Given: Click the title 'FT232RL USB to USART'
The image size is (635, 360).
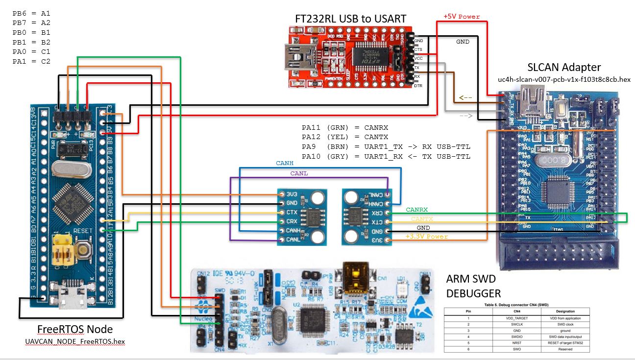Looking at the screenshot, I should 350,19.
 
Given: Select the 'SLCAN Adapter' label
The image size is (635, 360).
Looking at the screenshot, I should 563,67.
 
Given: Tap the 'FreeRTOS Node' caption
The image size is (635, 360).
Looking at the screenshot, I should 75,329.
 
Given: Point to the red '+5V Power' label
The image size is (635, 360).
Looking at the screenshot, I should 462,16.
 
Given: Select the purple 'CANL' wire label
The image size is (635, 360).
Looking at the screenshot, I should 299,173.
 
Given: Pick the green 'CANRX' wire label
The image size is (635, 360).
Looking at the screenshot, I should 416,210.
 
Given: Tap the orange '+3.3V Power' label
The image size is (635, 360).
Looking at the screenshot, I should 426,236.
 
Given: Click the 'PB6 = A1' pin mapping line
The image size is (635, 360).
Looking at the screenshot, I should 31,13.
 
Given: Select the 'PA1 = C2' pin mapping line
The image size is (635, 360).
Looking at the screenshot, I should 31,61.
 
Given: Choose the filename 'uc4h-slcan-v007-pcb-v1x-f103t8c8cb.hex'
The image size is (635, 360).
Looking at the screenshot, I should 564,79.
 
